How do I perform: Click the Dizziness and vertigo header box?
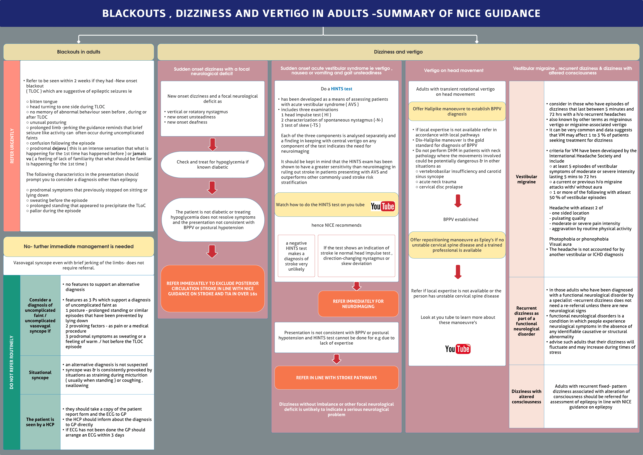coord(398,52)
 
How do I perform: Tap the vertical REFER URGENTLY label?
coord(12,146)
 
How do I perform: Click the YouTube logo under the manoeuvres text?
coord(458,349)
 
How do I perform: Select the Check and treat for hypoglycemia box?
coord(212,165)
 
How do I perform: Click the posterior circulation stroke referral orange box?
coord(212,289)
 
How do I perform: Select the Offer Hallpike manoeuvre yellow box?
coord(457,111)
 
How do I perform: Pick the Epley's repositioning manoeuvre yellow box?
coord(457,245)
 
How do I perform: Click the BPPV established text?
coord(460,219)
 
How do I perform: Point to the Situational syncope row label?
coord(40,375)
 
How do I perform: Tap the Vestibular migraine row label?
coord(526,179)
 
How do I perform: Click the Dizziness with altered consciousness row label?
coord(526,396)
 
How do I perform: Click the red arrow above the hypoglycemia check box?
coord(212,144)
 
